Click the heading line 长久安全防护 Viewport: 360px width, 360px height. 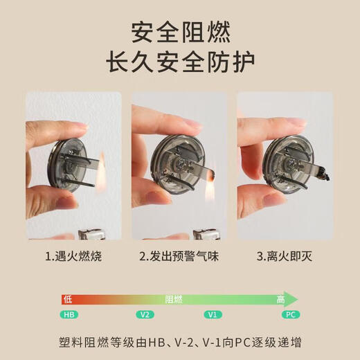tap(180, 62)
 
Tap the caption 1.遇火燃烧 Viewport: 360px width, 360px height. tap(73, 256)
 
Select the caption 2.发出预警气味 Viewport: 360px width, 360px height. tap(179, 256)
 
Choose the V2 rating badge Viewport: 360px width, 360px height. tap(145, 314)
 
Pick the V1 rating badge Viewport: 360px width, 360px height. tap(214, 314)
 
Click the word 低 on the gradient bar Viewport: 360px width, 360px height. tap(67, 299)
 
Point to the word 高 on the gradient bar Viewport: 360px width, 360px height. tap(280, 299)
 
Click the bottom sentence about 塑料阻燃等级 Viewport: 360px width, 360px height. tap(180, 342)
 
